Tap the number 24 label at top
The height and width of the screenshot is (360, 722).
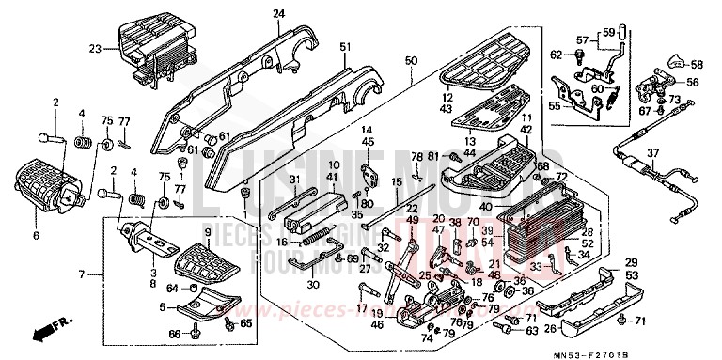pos(252,14)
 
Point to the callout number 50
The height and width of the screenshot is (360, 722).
pos(411,61)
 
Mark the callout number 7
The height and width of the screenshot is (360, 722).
pos(82,274)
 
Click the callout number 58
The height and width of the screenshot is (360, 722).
pos(698,65)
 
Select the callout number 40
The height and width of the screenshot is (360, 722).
pos(486,207)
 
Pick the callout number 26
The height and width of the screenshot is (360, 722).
pos(549,328)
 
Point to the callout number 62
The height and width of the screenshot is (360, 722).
pos(555,53)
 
